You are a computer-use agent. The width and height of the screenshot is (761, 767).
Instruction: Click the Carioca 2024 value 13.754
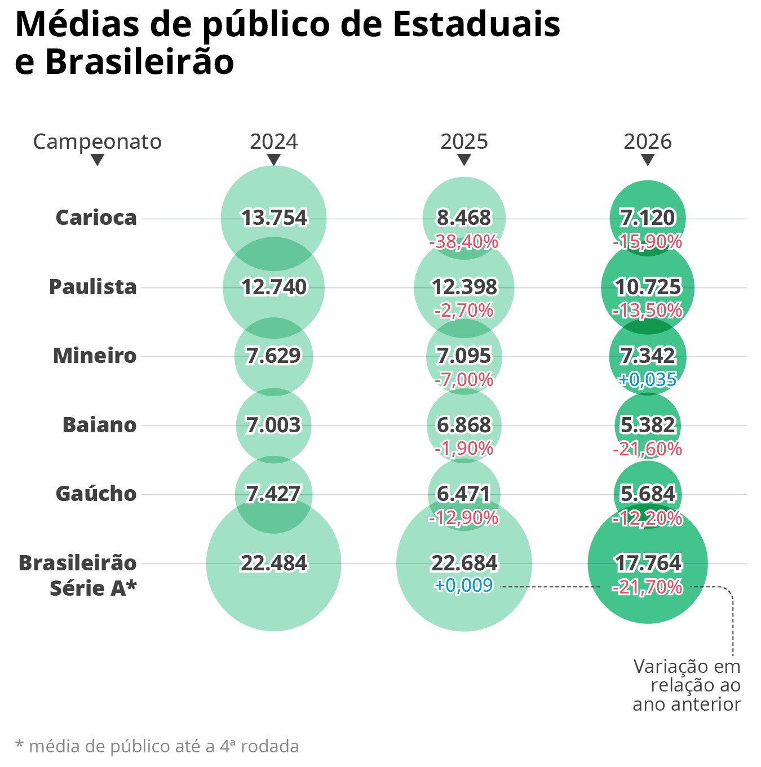[274, 218]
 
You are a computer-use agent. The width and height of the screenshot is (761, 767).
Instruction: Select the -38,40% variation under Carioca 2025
[464, 242]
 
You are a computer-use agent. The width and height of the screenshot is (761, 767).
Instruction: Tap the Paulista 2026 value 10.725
[648, 287]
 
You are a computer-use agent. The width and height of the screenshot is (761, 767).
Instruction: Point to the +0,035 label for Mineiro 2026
[648, 379]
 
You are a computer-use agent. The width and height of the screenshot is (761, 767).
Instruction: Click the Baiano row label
[99, 425]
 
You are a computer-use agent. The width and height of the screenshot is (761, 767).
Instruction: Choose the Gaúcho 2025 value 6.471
[464, 494]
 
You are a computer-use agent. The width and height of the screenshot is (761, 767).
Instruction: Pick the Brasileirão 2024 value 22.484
[274, 563]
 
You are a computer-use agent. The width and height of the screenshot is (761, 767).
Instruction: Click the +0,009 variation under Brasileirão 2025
[464, 586]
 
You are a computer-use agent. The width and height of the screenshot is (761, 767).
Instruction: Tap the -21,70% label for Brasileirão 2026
[648, 587]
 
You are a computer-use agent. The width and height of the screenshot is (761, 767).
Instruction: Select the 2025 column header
[464, 141]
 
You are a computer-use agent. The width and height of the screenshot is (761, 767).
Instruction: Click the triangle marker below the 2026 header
[648, 160]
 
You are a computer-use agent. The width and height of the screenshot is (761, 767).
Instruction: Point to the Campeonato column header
[97, 141]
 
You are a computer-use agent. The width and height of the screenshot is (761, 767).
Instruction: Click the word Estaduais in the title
[476, 25]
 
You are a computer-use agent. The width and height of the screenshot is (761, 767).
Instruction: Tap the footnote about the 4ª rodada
[157, 746]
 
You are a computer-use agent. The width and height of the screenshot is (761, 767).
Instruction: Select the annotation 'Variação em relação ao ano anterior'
[687, 685]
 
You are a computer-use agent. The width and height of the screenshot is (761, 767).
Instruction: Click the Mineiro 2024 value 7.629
[274, 356]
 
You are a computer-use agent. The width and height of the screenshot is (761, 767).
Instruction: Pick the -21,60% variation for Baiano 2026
[648, 449]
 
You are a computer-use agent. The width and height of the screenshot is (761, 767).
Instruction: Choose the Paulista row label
[93, 287]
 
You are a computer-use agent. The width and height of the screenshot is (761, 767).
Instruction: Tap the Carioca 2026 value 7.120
[648, 218]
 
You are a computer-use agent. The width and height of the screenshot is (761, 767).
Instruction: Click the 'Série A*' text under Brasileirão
[93, 588]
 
